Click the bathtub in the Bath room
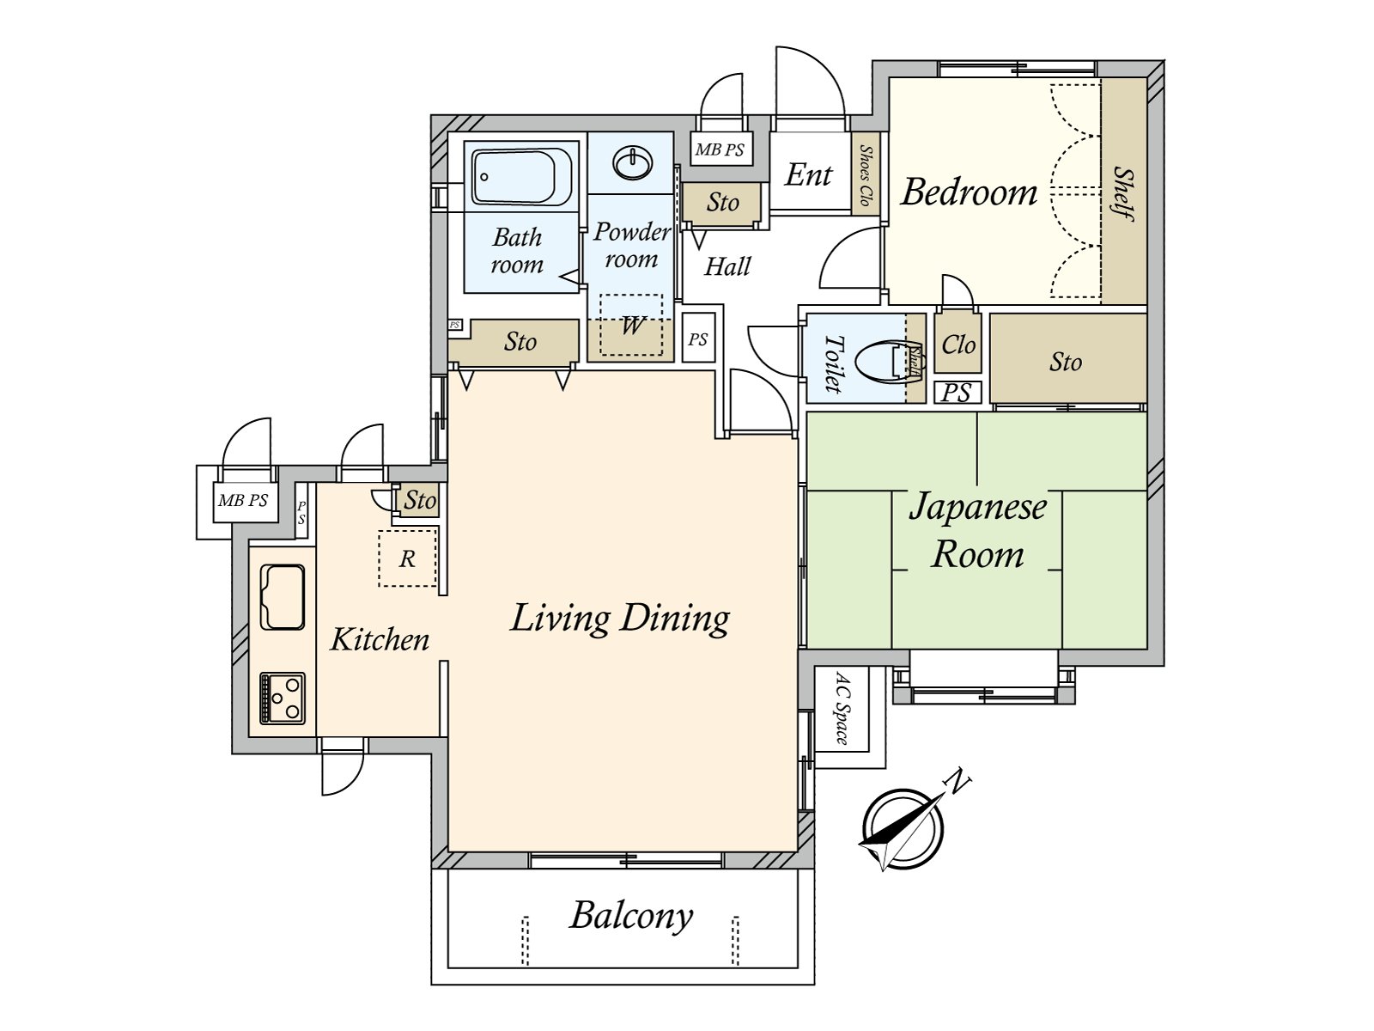click(522, 177)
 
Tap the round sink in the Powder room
click(633, 162)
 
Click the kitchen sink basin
click(283, 597)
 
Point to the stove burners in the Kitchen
click(283, 698)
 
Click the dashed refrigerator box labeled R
click(407, 559)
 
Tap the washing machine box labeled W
click(631, 325)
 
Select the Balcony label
click(630, 916)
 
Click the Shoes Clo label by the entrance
click(866, 175)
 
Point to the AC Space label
click(842, 708)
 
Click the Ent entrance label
click(808, 175)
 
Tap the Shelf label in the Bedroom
click(1123, 193)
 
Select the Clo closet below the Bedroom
click(958, 345)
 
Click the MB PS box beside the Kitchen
click(243, 500)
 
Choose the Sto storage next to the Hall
click(722, 203)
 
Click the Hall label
click(727, 267)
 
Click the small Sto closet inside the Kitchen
click(420, 500)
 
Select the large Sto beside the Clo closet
click(1065, 362)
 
